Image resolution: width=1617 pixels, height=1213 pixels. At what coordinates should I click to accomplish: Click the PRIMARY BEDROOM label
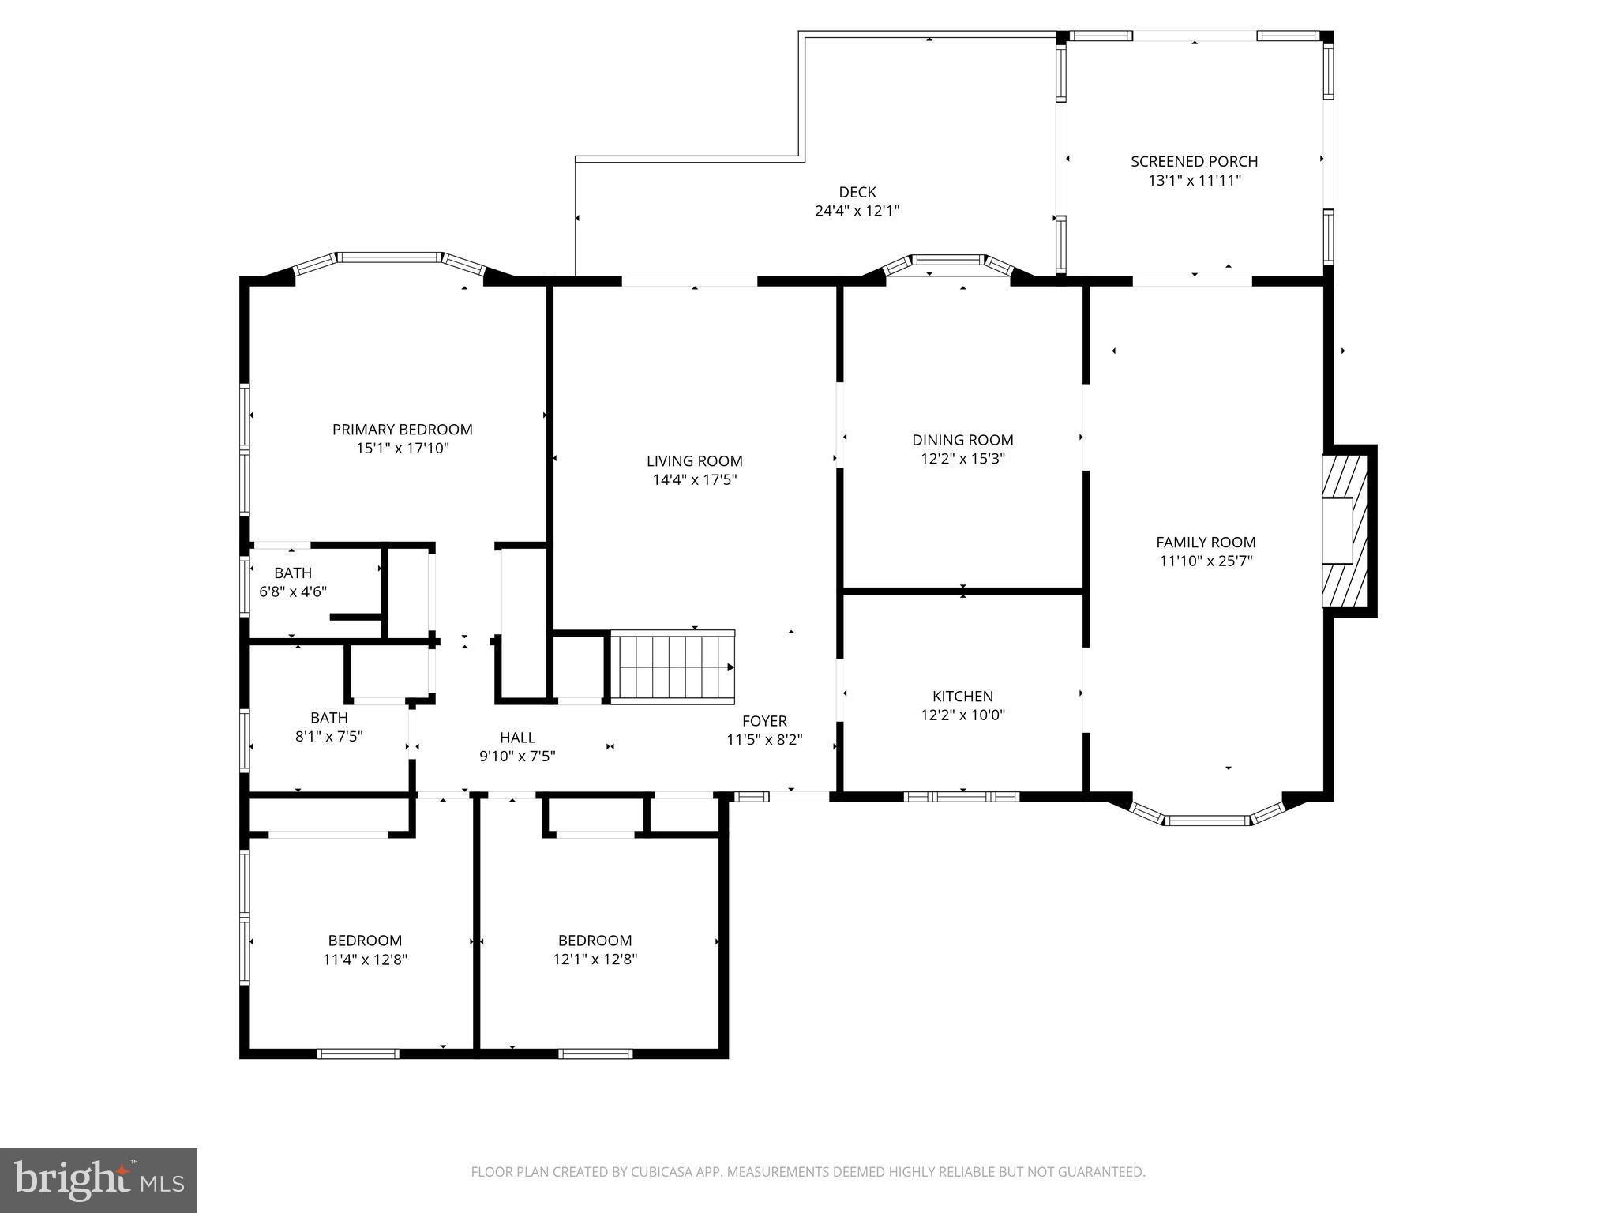pyautogui.click(x=402, y=430)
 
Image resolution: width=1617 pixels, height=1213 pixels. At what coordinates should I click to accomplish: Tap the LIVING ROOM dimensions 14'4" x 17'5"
pyautogui.click(x=694, y=480)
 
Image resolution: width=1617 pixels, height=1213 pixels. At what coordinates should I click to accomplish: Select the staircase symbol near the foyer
pyautogui.click(x=676, y=667)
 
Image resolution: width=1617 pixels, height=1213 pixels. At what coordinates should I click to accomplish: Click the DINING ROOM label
pyautogui.click(x=962, y=440)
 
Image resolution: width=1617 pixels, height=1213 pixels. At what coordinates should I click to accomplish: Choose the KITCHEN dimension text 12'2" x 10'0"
pyautogui.click(x=962, y=715)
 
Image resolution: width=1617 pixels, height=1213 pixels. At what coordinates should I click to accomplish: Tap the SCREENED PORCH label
pyautogui.click(x=1194, y=161)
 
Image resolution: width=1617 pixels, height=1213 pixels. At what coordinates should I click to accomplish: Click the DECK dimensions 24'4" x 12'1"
pyautogui.click(x=857, y=212)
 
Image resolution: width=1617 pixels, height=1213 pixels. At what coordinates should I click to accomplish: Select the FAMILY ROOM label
pyautogui.click(x=1206, y=543)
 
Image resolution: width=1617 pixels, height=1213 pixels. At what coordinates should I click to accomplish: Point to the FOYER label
pyautogui.click(x=764, y=721)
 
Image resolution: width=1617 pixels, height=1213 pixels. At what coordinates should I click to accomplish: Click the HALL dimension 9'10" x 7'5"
pyautogui.click(x=517, y=757)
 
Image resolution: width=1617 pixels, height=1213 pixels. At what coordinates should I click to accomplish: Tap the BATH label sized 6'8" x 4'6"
pyautogui.click(x=293, y=573)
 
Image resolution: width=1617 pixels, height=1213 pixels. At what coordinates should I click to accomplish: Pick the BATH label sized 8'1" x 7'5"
pyautogui.click(x=328, y=718)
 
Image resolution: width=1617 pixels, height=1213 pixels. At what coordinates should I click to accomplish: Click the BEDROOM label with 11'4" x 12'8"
pyautogui.click(x=365, y=941)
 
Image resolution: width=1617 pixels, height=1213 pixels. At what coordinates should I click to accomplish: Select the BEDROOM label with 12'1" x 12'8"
pyautogui.click(x=595, y=941)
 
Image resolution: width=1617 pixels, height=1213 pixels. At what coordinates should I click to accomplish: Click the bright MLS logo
pyautogui.click(x=99, y=1180)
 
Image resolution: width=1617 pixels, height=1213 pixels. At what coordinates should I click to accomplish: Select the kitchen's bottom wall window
pyautogui.click(x=961, y=796)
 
